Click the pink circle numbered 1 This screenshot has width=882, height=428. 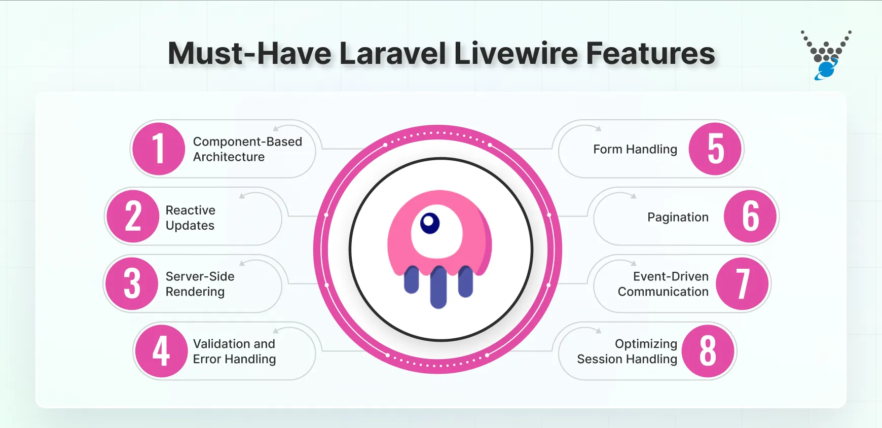click(x=158, y=149)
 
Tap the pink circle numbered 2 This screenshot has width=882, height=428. click(x=133, y=217)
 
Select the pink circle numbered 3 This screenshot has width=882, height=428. click(x=132, y=283)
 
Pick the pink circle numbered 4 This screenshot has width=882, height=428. click(x=161, y=351)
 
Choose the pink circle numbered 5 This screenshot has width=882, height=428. click(x=715, y=149)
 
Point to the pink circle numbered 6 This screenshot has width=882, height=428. click(x=750, y=217)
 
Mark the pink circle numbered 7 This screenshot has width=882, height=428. click(x=743, y=283)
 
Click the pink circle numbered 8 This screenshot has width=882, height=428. click(x=708, y=351)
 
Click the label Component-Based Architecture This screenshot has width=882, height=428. click(x=247, y=149)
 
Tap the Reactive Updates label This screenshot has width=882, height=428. click(x=191, y=218)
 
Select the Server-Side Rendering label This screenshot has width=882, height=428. click(x=200, y=284)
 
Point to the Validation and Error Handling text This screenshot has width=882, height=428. click(x=234, y=351)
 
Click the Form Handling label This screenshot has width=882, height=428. click(x=635, y=149)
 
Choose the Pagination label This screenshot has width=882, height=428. click(x=678, y=217)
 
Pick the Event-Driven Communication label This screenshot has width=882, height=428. click(x=663, y=284)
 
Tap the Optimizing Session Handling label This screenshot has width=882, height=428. click(x=627, y=351)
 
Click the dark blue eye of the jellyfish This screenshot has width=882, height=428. click(x=430, y=223)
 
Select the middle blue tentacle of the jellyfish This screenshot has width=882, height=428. click(x=438, y=287)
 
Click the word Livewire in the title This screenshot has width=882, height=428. click(x=516, y=53)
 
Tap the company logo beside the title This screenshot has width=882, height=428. click(x=826, y=55)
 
